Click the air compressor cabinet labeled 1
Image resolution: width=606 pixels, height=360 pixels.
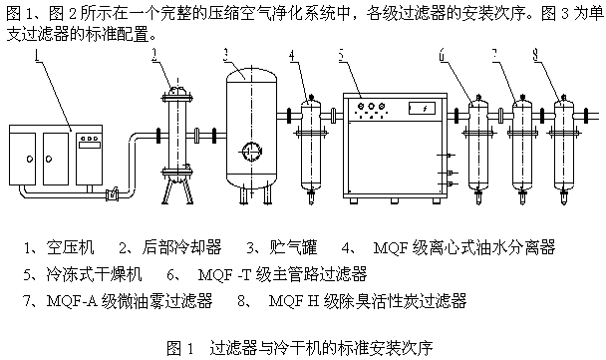pos(56,155)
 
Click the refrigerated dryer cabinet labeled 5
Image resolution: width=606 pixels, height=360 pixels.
pos(395,147)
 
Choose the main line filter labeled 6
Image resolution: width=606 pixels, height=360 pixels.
pos(478,149)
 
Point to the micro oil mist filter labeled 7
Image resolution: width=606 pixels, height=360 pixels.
pos(522,149)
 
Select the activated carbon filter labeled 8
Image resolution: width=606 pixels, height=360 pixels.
pos(563,149)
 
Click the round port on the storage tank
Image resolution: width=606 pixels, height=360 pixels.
pos(251,151)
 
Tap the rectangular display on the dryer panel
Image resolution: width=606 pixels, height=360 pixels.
pos(422,109)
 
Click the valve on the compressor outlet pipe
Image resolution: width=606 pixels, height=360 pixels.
pos(112,194)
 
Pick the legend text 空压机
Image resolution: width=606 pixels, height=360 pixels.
pos(70,247)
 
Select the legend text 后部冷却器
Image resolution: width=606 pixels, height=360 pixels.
pos(181,247)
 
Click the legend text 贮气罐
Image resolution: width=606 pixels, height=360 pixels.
pos(293,247)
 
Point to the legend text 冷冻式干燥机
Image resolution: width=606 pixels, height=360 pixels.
pos(94,274)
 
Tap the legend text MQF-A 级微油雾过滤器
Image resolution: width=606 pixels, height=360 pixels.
pos(130,301)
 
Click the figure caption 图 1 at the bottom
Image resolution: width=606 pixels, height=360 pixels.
pos(179,348)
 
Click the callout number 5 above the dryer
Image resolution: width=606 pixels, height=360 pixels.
pos(341,55)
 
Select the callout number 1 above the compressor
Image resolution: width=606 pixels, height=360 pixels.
pos(38,55)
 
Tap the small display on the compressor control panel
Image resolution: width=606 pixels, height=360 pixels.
pos(90,145)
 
